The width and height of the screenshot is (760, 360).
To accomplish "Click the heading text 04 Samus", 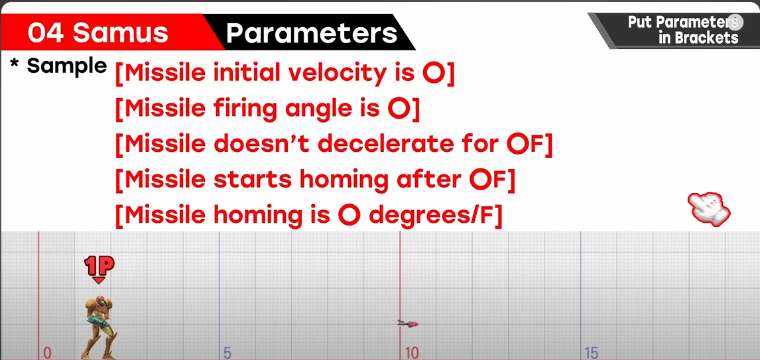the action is tap(98, 33).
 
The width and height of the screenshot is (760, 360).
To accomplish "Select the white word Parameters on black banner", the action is tap(311, 33).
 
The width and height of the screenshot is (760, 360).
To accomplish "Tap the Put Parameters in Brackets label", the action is tap(684, 30).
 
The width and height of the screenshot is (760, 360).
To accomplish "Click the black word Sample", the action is tap(66, 66).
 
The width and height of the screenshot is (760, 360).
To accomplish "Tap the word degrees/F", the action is tap(434, 215).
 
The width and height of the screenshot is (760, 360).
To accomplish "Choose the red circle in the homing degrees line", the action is tap(349, 215).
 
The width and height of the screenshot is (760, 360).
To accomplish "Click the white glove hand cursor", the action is tap(709, 208).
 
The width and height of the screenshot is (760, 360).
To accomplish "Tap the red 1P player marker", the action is tap(99, 267).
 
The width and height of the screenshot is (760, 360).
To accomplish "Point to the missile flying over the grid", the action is tap(408, 323).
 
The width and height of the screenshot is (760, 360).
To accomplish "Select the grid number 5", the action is tap(227, 353).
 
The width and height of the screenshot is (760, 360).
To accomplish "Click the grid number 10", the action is tap(412, 353).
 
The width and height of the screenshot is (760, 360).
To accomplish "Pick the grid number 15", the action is tap(592, 353).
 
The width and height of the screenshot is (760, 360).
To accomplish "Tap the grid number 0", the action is tap(47, 353).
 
